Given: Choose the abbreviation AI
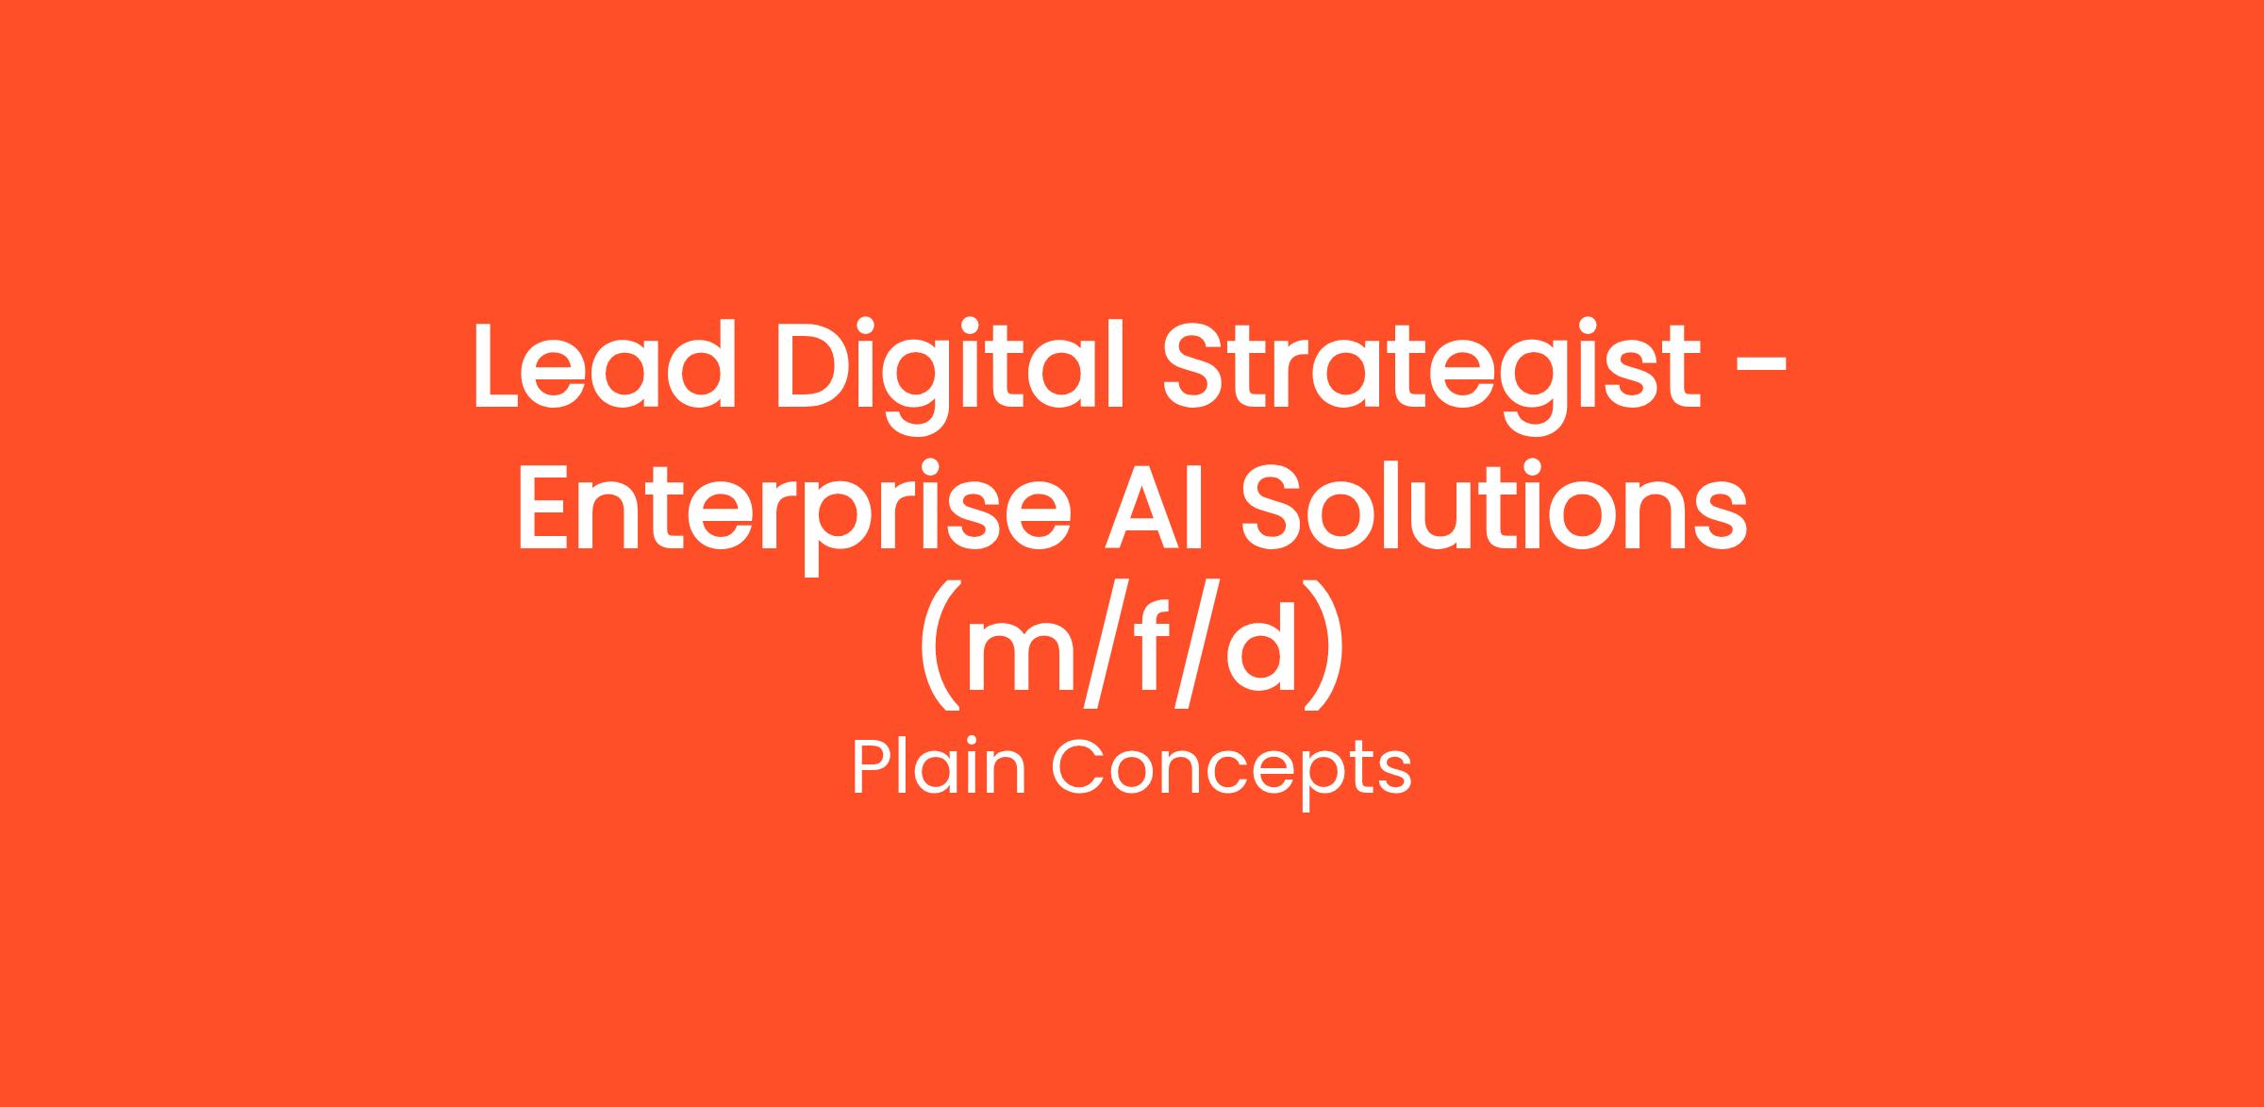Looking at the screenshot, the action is pyautogui.click(x=1155, y=507).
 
